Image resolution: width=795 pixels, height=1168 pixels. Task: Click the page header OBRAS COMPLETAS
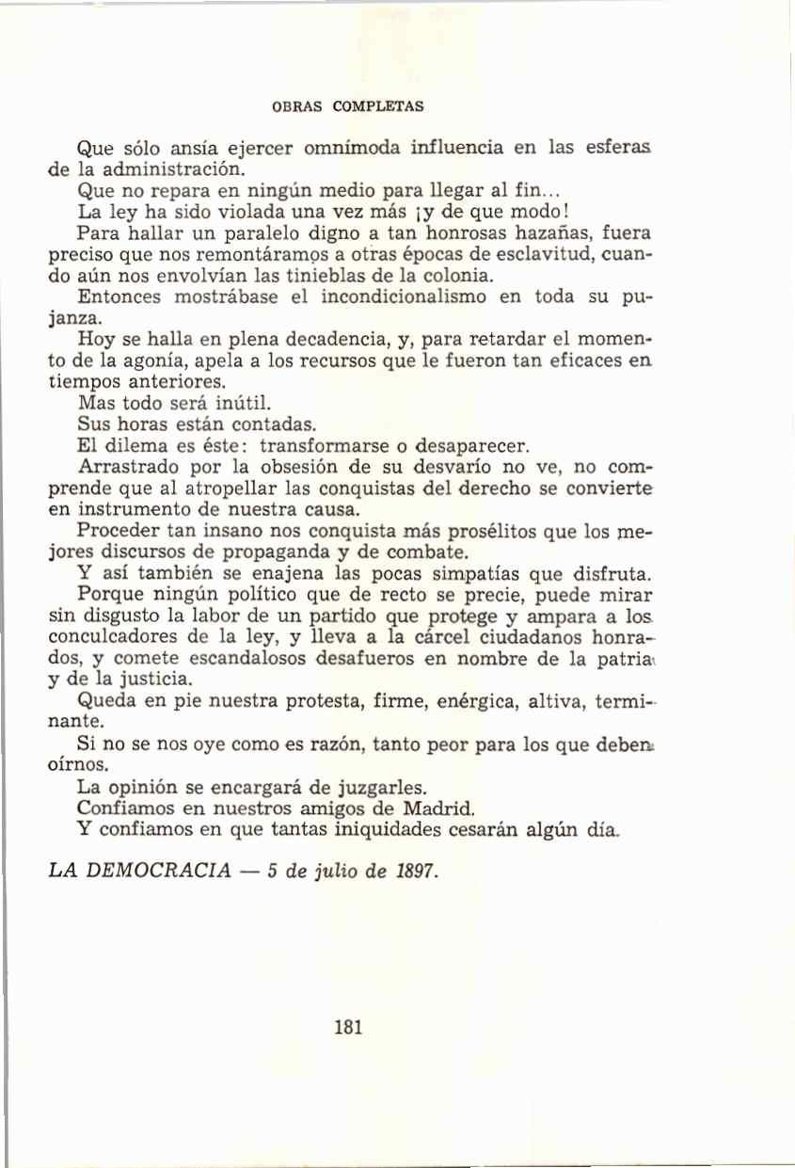(348, 105)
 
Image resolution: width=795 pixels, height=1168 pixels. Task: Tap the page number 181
(348, 1027)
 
